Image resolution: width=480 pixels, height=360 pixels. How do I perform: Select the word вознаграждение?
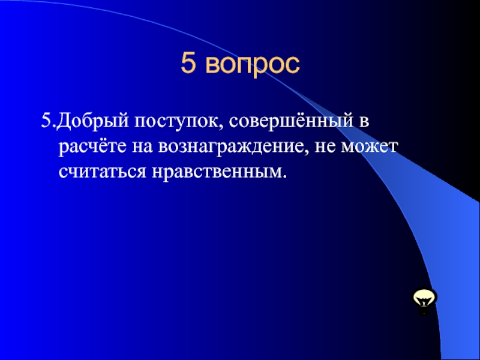tap(233, 148)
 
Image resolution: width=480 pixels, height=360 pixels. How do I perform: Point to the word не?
tap(328, 148)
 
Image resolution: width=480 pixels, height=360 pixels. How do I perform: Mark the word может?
tap(373, 148)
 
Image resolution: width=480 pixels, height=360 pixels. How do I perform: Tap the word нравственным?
tap(216, 172)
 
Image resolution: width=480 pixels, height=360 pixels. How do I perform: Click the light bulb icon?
tap(424, 299)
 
